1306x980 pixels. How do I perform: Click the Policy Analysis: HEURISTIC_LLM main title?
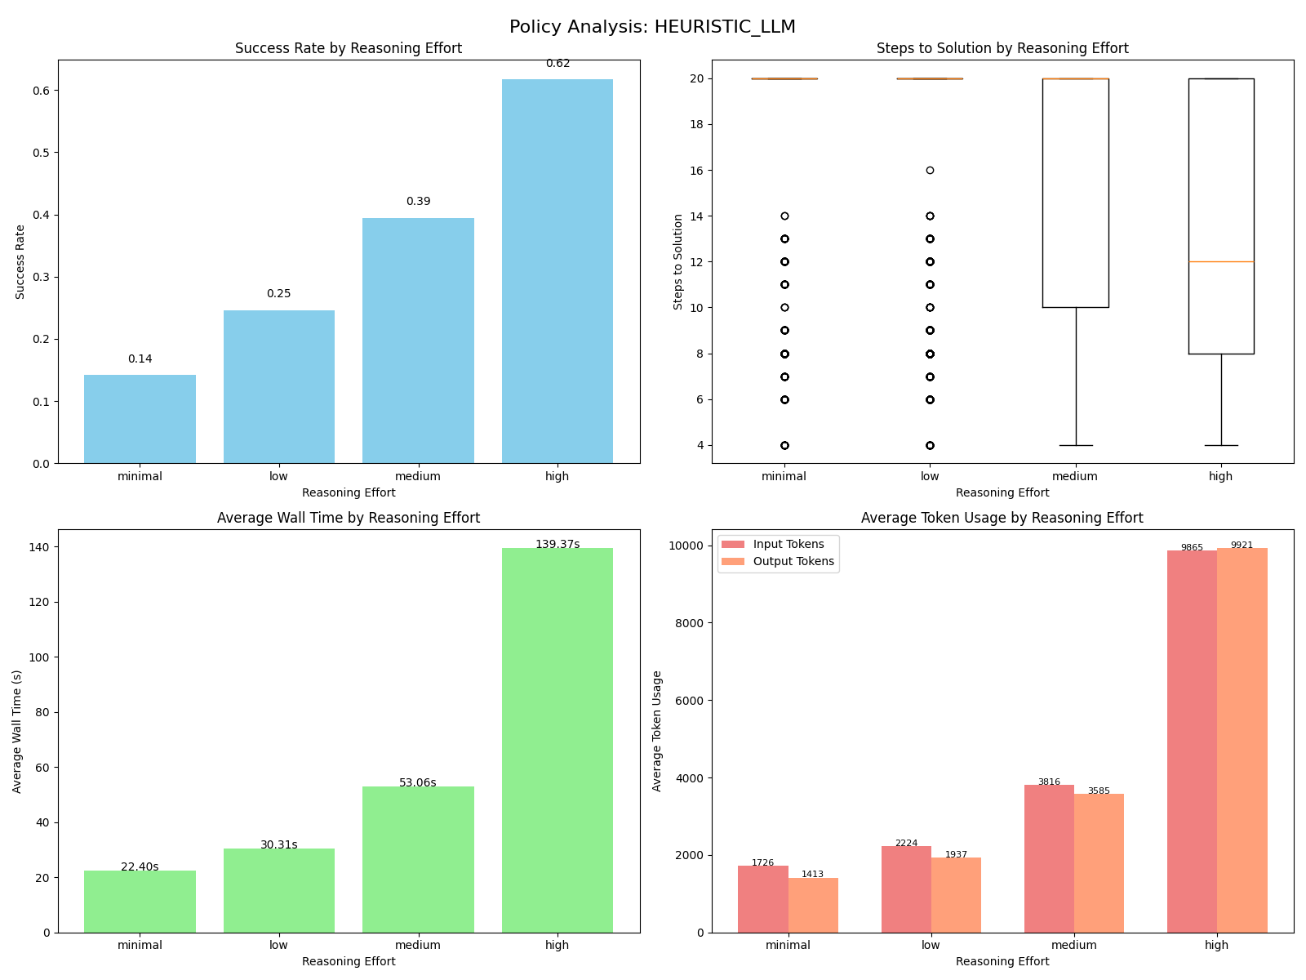coord(652,27)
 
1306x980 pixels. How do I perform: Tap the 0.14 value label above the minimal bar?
coord(140,359)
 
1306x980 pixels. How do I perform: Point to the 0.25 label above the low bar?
coord(278,294)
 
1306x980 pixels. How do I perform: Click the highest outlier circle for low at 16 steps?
coord(930,171)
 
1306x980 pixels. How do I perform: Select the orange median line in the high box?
coord(1221,262)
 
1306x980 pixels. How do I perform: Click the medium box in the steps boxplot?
coord(1076,193)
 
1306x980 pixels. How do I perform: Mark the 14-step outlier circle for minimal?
coord(784,216)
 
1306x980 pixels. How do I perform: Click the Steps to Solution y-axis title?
coord(678,261)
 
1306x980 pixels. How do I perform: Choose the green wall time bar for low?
coord(278,890)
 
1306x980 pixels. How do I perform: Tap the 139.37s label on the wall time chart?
coord(557,545)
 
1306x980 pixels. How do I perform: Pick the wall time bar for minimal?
coord(140,902)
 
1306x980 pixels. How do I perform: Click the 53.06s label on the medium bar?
coord(418,783)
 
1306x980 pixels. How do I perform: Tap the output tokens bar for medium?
coord(1099,863)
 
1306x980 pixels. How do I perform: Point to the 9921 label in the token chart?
coord(1242,546)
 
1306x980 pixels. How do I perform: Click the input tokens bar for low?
coord(906,889)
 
